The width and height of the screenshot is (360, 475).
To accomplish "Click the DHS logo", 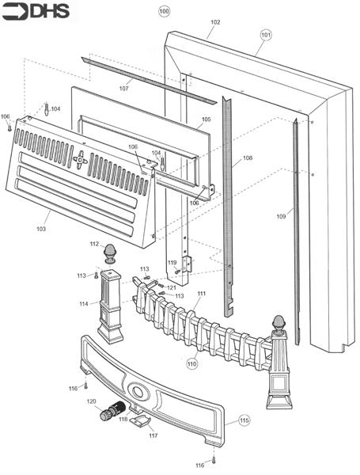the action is point(36,12).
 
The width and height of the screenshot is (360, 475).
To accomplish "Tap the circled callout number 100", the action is point(164,12).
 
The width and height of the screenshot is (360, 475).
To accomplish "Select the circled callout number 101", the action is point(266,35).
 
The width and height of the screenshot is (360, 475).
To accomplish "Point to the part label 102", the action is point(215,22).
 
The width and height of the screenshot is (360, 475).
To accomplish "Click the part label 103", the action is point(41,229).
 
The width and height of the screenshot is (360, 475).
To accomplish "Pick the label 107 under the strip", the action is point(124,89).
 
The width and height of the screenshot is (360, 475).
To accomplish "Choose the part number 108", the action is point(248,158).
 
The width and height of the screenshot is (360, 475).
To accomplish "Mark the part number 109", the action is point(281,216).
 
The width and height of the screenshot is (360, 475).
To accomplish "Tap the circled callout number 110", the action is point(192,363).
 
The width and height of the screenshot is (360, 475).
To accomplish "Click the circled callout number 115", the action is point(244,420).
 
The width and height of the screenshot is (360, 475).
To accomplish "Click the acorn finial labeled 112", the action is point(110,253).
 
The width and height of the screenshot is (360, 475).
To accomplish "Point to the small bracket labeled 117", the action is point(140,421).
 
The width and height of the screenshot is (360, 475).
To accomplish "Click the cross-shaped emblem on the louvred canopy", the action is point(81,159).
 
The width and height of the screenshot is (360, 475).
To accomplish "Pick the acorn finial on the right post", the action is point(279,323).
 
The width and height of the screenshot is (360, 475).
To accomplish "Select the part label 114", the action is point(84,304).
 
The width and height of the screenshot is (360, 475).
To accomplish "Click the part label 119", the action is point(172,262).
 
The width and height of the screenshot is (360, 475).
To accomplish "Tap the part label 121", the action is point(172,287).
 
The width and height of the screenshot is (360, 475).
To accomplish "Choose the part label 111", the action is point(201,294).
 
